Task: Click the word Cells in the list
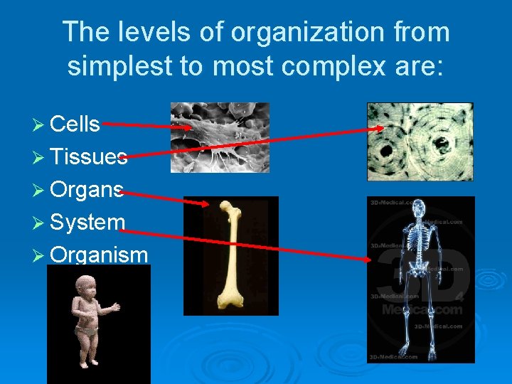(x=75, y=124)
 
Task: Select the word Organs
(x=87, y=190)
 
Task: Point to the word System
(x=87, y=223)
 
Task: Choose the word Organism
(x=99, y=255)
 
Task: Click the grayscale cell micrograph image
(x=220, y=137)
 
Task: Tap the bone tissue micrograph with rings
(x=420, y=141)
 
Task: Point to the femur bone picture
(x=231, y=255)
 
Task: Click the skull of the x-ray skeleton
(x=419, y=209)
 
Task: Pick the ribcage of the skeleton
(x=419, y=238)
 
